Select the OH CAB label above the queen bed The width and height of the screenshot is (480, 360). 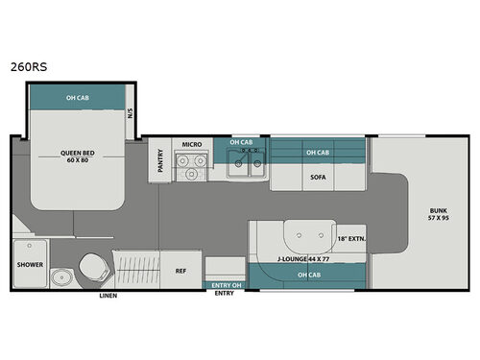click(x=79, y=98)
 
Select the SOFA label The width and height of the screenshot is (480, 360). click(x=318, y=178)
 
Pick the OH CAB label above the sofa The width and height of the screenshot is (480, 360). click(x=318, y=153)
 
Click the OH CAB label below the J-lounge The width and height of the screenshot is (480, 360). click(x=309, y=276)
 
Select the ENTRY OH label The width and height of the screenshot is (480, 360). click(x=223, y=285)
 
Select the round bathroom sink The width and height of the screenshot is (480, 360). click(x=62, y=277)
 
